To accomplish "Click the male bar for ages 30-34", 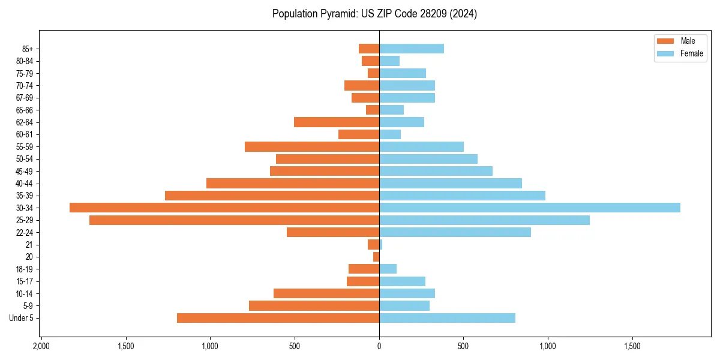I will click(x=224, y=208).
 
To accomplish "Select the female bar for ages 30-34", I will click(x=529, y=208).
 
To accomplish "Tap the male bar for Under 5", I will click(x=278, y=318).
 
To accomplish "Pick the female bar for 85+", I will click(x=412, y=49).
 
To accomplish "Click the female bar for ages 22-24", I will click(x=455, y=232).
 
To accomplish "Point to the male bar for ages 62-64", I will click(x=337, y=122).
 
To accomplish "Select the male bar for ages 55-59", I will click(x=312, y=147).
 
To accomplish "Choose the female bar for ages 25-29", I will click(x=484, y=220).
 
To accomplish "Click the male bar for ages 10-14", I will click(x=326, y=293).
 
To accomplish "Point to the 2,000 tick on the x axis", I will click(x=41, y=347).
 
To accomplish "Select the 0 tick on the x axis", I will click(x=379, y=347).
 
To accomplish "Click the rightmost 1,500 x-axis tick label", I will click(x=632, y=347).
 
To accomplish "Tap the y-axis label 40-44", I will click(x=25, y=184).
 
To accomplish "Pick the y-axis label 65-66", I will click(x=25, y=110).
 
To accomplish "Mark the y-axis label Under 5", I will click(x=22, y=318).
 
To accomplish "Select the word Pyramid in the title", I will click(x=338, y=14).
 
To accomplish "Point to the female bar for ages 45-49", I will click(x=436, y=171).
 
